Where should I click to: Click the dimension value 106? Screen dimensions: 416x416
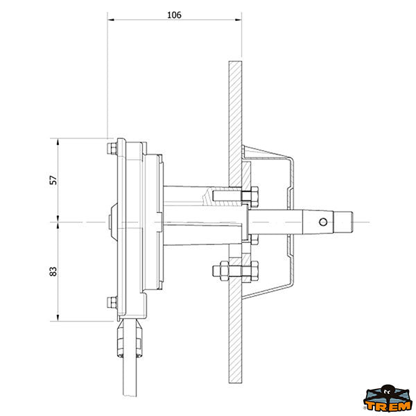[x=174, y=15]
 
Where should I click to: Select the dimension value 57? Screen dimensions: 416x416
[x=53, y=180]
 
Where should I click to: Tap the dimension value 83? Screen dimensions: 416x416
[x=53, y=271]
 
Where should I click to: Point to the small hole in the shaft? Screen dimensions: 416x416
[x=323, y=222]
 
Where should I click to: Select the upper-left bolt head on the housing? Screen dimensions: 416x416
[x=112, y=148]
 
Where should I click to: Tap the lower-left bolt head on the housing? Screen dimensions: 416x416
[x=112, y=302]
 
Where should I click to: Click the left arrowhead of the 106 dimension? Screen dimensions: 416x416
[x=111, y=19]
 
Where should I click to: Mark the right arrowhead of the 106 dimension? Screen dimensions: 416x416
[x=239, y=19]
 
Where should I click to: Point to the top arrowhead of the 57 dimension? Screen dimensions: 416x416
[x=58, y=141]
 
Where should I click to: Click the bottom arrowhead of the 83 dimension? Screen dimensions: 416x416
[x=58, y=318]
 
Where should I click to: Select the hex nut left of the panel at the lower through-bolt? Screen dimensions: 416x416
[x=220, y=270]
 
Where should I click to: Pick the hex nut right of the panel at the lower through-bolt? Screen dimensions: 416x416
[x=254, y=270]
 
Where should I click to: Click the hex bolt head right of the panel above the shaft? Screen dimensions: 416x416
[x=254, y=197]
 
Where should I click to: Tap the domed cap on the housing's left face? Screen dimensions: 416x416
[x=113, y=222]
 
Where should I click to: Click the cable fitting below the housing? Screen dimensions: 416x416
[x=130, y=339]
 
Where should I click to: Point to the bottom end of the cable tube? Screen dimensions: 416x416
[x=130, y=396]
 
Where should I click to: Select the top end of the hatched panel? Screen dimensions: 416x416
[x=235, y=62]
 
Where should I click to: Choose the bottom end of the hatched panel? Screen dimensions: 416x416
[x=235, y=382]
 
